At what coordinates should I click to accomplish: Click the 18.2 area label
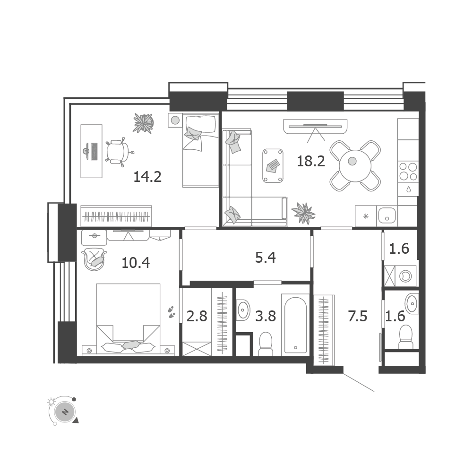(x=311, y=162)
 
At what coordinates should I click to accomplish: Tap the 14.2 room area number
(x=147, y=177)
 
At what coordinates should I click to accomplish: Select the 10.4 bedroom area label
(x=136, y=263)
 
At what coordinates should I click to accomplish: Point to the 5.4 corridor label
(x=266, y=258)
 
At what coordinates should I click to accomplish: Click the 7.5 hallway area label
(x=357, y=317)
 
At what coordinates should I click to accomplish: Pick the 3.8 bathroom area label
(x=266, y=317)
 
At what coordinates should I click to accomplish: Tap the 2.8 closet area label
(x=197, y=317)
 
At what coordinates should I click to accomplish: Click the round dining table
(x=355, y=165)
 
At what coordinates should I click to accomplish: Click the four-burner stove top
(x=408, y=172)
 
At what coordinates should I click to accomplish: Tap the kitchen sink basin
(x=387, y=215)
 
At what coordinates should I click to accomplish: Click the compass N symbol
(x=65, y=412)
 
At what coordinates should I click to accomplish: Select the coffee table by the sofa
(x=273, y=165)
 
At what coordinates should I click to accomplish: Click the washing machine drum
(x=405, y=276)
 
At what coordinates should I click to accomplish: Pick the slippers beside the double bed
(x=172, y=312)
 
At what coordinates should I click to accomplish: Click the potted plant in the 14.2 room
(x=143, y=123)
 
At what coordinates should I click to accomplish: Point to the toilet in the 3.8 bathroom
(x=266, y=344)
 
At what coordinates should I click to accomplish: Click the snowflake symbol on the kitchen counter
(x=366, y=216)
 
